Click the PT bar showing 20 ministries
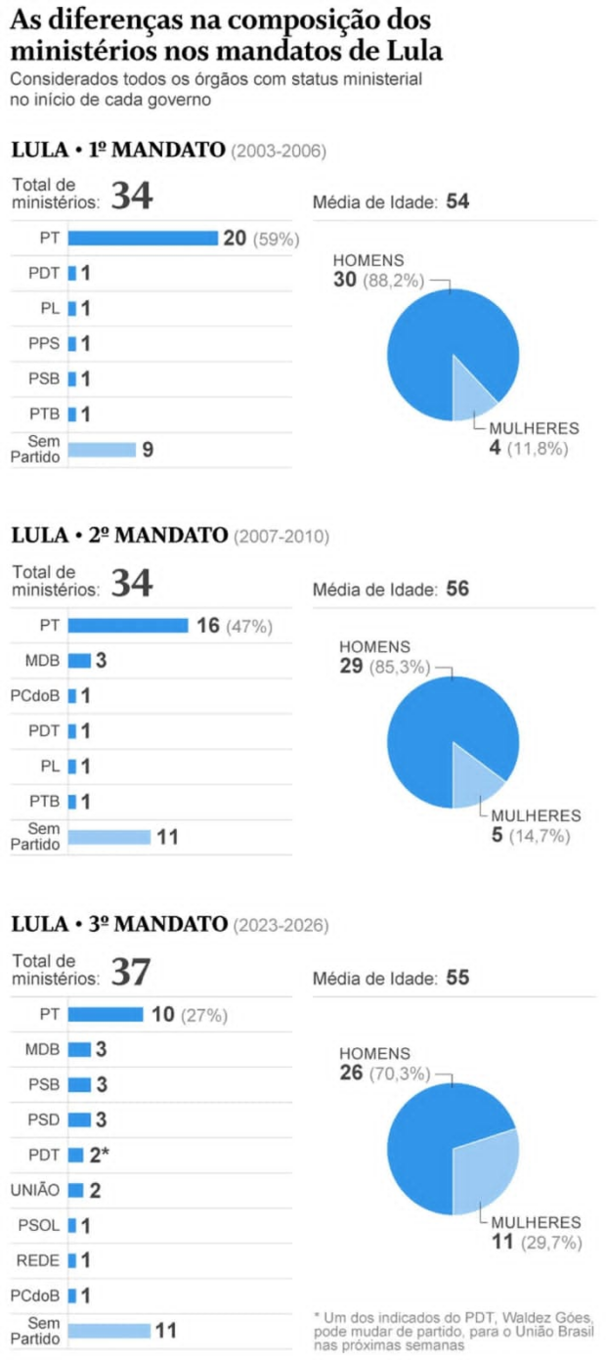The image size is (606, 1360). click(143, 239)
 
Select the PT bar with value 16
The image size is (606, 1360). click(128, 626)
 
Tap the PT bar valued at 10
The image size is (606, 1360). click(106, 1014)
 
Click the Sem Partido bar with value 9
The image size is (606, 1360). click(102, 450)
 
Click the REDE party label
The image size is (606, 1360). click(38, 1260)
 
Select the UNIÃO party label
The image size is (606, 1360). click(34, 1190)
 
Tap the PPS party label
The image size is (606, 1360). click(44, 344)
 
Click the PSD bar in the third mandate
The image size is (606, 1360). click(79, 1119)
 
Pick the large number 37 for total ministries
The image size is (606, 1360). click(131, 973)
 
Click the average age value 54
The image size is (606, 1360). click(457, 202)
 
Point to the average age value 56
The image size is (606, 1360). click(457, 590)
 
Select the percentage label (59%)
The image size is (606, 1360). click(276, 240)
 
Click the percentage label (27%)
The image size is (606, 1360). click(203, 1015)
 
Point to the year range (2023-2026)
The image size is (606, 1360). click(280, 924)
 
